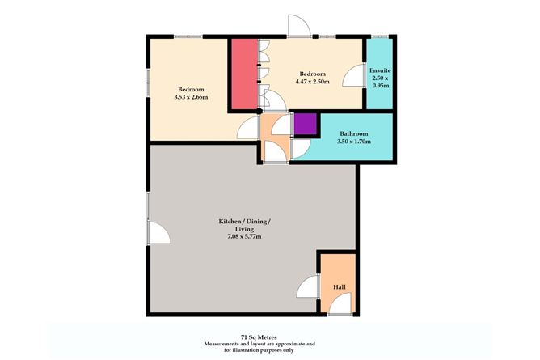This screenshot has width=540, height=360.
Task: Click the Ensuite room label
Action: coord(380,70)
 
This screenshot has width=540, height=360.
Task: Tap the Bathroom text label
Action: coord(354,133)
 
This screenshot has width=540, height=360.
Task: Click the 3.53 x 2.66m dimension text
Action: coord(191,98)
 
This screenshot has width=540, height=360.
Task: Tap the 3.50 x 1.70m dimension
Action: coord(354,142)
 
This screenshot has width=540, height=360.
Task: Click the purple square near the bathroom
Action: coord(305,125)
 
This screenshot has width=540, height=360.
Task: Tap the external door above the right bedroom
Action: coord(299,27)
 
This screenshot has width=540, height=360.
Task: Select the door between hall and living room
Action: coord(310,286)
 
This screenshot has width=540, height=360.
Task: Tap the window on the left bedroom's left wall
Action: coord(147,82)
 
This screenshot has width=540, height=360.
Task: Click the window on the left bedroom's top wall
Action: coord(188,36)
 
